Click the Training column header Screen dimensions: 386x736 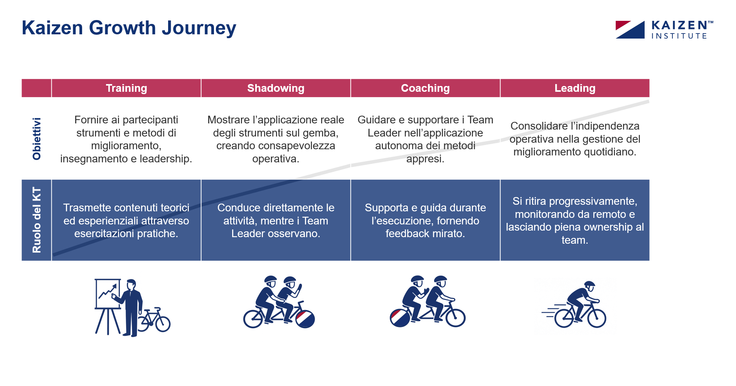(x=126, y=88)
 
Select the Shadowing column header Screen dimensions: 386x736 (x=276, y=88)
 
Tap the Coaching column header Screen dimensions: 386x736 (x=425, y=88)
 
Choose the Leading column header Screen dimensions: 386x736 (x=575, y=88)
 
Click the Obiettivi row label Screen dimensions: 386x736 (x=37, y=138)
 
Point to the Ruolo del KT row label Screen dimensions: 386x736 (x=37, y=220)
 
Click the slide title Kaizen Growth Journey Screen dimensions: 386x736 (x=129, y=28)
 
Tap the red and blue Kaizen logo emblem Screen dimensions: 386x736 (x=630, y=30)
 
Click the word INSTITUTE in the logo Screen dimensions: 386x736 (x=679, y=36)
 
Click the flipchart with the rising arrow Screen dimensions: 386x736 (x=108, y=294)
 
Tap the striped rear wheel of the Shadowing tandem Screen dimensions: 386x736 (x=305, y=319)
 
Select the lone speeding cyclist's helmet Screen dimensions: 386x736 (x=589, y=285)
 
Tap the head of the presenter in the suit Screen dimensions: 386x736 (x=131, y=285)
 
